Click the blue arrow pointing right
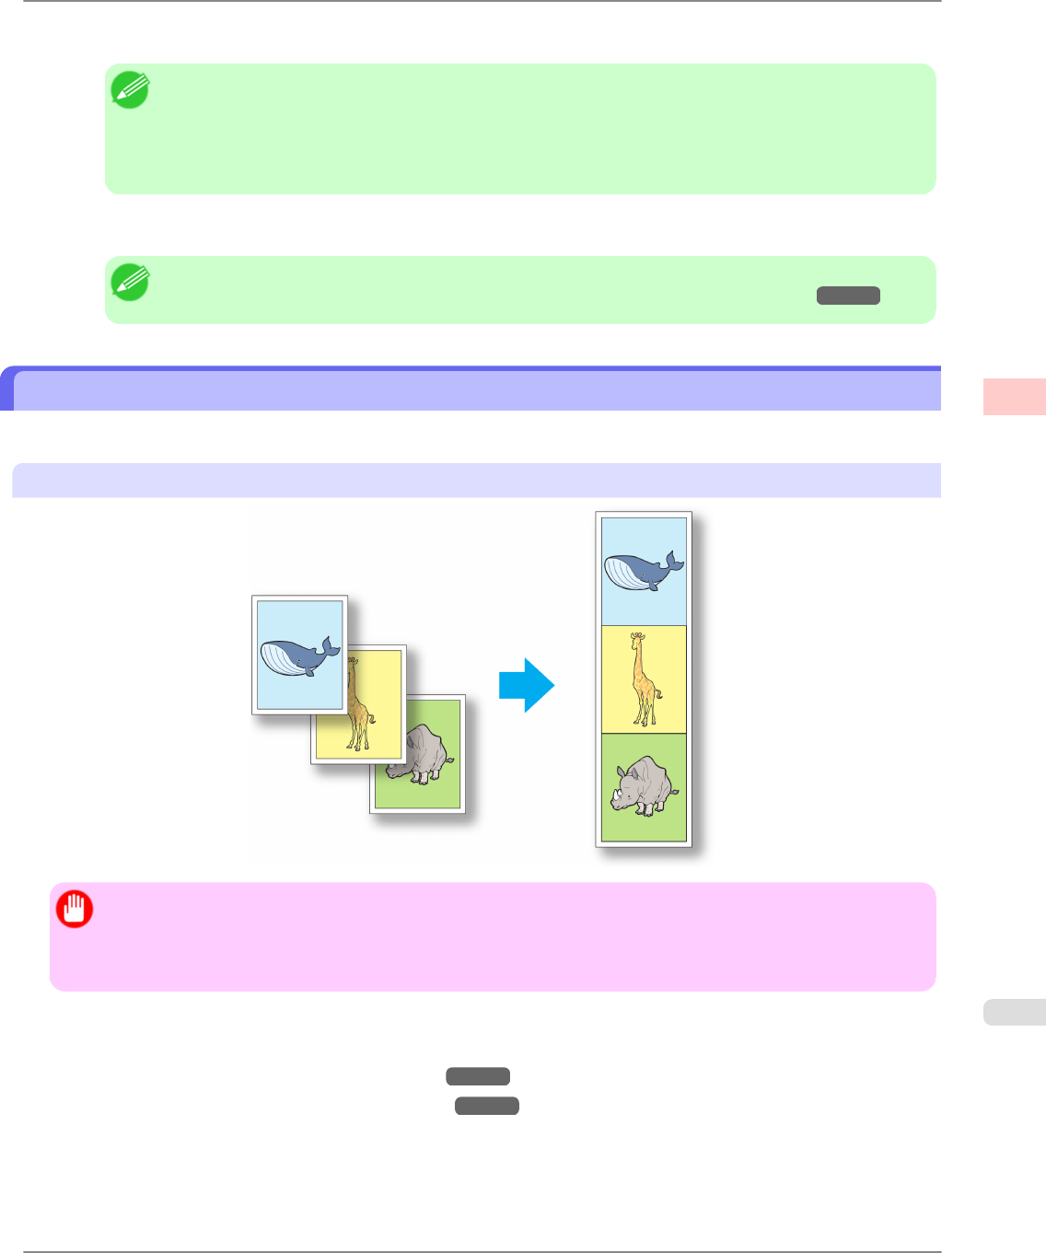click(527, 685)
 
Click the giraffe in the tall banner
click(644, 679)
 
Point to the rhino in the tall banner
click(645, 787)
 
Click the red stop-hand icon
click(75, 909)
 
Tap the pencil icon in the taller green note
click(130, 90)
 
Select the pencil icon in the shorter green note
click(130, 282)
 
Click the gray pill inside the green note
click(848, 296)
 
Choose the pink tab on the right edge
click(1014, 397)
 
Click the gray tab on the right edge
click(1014, 1012)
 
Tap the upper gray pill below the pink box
click(478, 1076)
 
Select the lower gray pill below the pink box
click(487, 1106)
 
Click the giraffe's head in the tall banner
click(636, 637)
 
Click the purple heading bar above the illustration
click(477, 390)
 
